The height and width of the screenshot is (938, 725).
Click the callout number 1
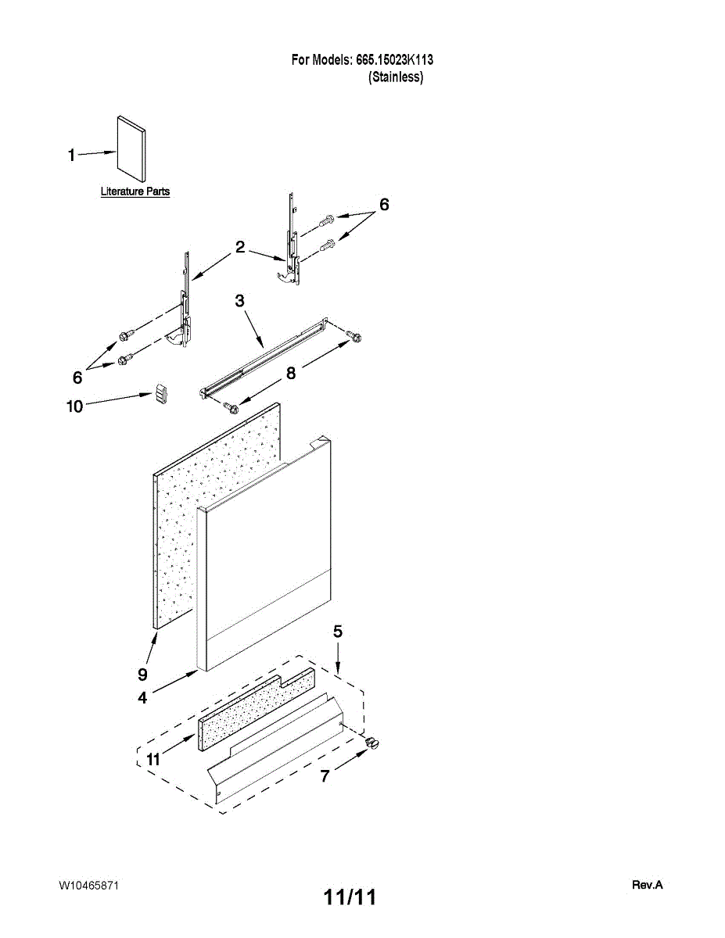pyautogui.click(x=71, y=156)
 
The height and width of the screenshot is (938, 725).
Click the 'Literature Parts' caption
pyautogui.click(x=135, y=192)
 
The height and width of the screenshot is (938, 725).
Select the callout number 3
pyautogui.click(x=240, y=301)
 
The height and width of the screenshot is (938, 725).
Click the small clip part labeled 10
pyautogui.click(x=161, y=395)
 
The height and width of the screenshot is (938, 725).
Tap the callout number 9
pyautogui.click(x=142, y=672)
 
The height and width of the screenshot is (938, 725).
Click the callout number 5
pyautogui.click(x=337, y=632)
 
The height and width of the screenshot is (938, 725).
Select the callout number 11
pyautogui.click(x=153, y=759)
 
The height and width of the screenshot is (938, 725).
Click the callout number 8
pyautogui.click(x=290, y=374)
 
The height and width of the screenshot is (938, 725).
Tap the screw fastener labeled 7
pyautogui.click(x=371, y=742)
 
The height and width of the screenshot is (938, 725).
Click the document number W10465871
pyautogui.click(x=88, y=885)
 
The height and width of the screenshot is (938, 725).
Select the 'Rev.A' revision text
pyautogui.click(x=647, y=885)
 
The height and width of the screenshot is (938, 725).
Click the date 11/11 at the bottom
pyautogui.click(x=350, y=897)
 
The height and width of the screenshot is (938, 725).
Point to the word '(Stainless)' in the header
pyautogui.click(x=396, y=77)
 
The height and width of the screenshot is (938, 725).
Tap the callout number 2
pyautogui.click(x=240, y=248)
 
